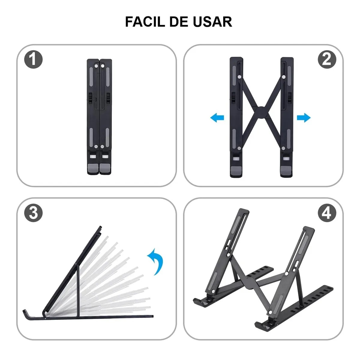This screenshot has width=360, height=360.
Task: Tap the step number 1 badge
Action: (x=33, y=59)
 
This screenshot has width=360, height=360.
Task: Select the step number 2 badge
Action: (x=327, y=59)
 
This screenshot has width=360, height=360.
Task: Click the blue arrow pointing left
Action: (x=217, y=118)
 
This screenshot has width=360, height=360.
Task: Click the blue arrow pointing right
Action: (x=304, y=118)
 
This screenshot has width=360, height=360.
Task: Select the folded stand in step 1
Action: (x=99, y=117)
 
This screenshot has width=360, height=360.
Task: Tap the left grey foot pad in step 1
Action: (x=93, y=169)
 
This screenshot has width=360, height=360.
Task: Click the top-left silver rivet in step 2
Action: (x=239, y=77)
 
